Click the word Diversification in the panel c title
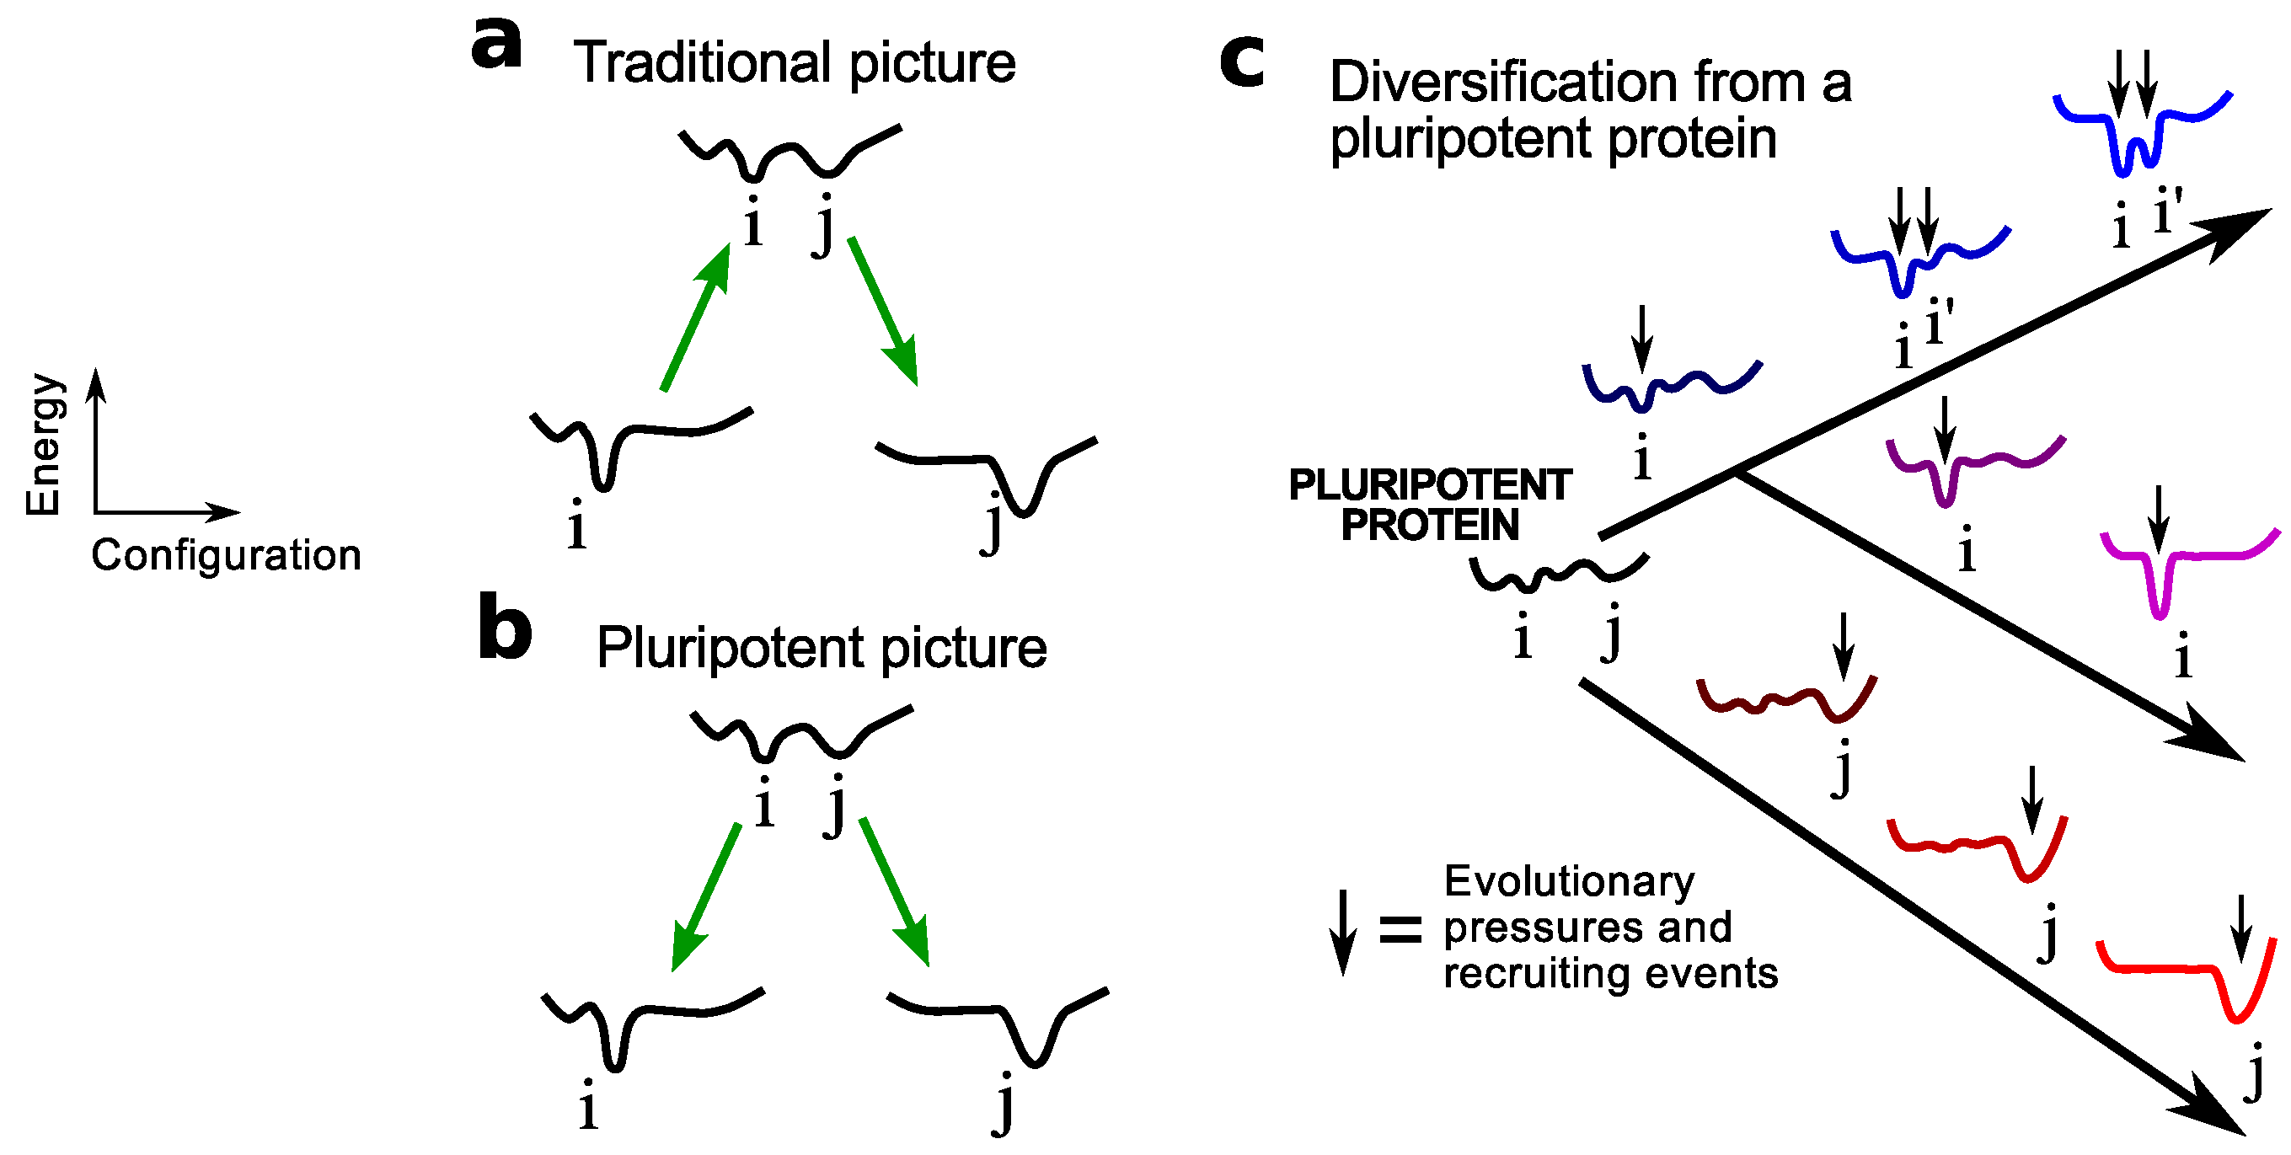coord(1503,83)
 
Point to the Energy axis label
coord(45,445)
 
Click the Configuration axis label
coord(226,556)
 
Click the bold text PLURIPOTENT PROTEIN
coord(1429,505)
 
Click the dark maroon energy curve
coord(1788,700)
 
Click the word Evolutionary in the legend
coord(1570,882)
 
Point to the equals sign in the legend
coord(1400,929)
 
